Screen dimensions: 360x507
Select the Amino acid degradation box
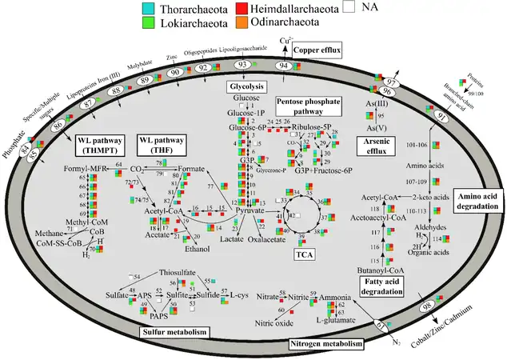coord(480,200)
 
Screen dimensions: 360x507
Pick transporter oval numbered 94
coord(283,65)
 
